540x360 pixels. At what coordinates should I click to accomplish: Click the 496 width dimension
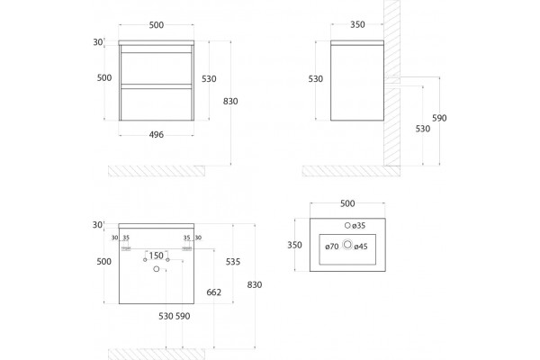click(x=157, y=135)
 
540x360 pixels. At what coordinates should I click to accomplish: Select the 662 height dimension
click(x=214, y=292)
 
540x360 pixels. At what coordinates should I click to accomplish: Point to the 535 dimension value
click(x=233, y=262)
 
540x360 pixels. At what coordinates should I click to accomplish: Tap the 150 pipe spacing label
click(x=157, y=256)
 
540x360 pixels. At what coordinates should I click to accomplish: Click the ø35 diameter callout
click(x=358, y=226)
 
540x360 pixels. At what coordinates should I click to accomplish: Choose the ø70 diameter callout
click(x=332, y=247)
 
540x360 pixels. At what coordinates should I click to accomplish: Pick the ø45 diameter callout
click(x=361, y=247)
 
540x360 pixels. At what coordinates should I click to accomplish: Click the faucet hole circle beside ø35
click(x=347, y=225)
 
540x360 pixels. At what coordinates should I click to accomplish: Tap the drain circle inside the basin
click(x=347, y=245)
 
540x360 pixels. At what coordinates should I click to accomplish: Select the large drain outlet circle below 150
click(x=157, y=269)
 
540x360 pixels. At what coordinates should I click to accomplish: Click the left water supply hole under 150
click(x=145, y=260)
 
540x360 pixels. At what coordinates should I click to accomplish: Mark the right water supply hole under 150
click(x=167, y=260)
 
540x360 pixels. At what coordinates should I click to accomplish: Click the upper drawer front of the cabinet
click(x=157, y=67)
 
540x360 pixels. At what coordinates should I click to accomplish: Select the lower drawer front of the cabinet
click(x=157, y=104)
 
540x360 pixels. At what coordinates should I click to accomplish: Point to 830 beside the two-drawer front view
click(x=230, y=102)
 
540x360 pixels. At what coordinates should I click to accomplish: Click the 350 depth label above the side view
click(x=357, y=24)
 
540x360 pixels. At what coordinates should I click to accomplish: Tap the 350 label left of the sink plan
click(x=295, y=245)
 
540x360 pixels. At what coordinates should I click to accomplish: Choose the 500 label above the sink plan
click(x=347, y=203)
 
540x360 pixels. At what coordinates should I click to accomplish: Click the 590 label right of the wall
click(x=439, y=118)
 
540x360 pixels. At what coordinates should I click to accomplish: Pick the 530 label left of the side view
click(x=316, y=79)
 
